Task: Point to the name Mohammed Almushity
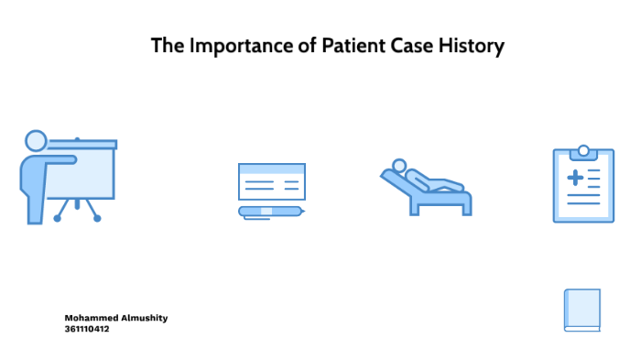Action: click(x=115, y=318)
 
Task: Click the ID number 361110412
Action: click(x=87, y=329)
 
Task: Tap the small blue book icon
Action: click(x=582, y=310)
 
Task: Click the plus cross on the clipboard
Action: click(x=575, y=177)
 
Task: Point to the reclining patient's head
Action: click(x=398, y=166)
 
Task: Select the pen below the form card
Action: click(x=271, y=212)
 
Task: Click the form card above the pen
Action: click(x=271, y=181)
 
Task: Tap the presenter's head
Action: click(x=36, y=141)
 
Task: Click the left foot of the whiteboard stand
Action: click(x=59, y=218)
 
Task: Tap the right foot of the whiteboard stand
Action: click(x=97, y=218)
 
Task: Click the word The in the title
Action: click(x=168, y=46)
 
